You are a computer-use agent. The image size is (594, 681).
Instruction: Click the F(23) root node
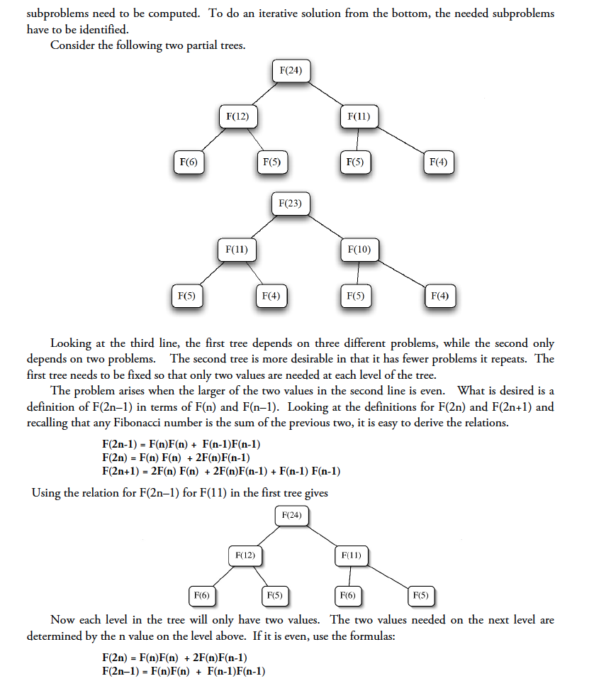[291, 204]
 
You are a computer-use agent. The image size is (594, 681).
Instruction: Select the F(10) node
[359, 249]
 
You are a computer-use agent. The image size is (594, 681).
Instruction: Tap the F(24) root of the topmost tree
[291, 71]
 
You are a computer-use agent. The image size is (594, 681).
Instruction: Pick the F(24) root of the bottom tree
[291, 514]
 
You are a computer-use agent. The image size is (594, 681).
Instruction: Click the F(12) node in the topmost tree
[237, 116]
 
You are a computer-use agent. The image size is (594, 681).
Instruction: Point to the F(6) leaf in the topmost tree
[188, 162]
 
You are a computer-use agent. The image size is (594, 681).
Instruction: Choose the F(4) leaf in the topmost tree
[439, 162]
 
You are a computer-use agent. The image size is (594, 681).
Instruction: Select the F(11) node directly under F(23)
[236, 249]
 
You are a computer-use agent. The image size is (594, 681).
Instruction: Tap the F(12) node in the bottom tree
[245, 555]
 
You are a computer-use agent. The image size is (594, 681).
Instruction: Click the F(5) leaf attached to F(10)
[355, 295]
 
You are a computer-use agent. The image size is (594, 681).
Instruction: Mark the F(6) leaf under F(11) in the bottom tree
[347, 595]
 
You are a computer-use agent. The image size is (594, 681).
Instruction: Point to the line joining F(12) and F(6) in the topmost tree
[210, 140]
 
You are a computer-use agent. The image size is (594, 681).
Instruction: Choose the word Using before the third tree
[45, 493]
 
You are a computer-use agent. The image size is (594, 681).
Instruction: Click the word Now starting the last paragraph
[62, 620]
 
